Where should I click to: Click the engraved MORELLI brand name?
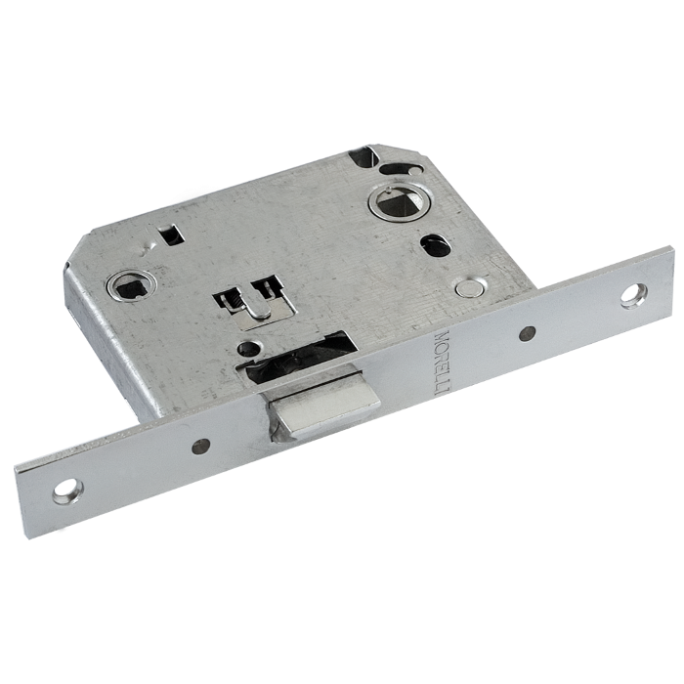pos(441,363)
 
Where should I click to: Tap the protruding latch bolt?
pos(321,407)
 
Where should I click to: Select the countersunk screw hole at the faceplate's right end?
pos(634,296)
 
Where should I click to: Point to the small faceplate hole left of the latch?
pos(200,446)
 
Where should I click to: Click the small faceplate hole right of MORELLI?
pos(528,333)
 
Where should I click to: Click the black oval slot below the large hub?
pos(436,245)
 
